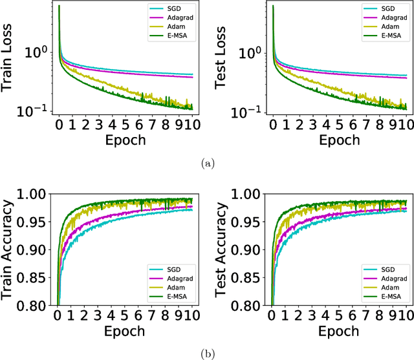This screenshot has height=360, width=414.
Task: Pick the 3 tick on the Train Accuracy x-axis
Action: tap(99, 315)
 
